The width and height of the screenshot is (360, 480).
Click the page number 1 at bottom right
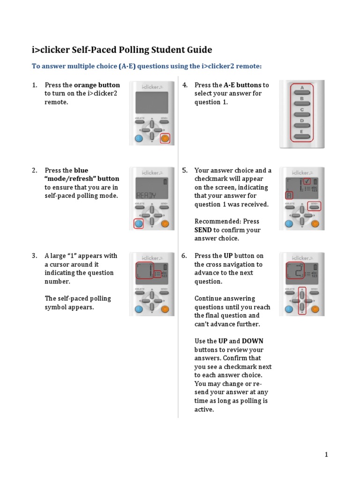pyautogui.click(x=326, y=454)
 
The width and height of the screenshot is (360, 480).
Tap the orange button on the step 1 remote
pyautogui.click(x=165, y=138)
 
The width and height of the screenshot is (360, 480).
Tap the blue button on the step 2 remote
pyautogui.click(x=138, y=224)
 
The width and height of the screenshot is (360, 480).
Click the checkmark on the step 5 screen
pyautogui.click(x=307, y=181)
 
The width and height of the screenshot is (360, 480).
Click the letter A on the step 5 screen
pyautogui.click(x=289, y=195)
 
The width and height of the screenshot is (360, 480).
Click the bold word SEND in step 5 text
pyautogui.click(x=203, y=230)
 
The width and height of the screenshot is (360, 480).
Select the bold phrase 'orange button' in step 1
pyautogui.click(x=97, y=85)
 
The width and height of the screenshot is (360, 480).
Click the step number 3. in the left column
pyautogui.click(x=35, y=256)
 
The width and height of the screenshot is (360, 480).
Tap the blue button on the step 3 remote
pyautogui.click(x=138, y=309)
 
